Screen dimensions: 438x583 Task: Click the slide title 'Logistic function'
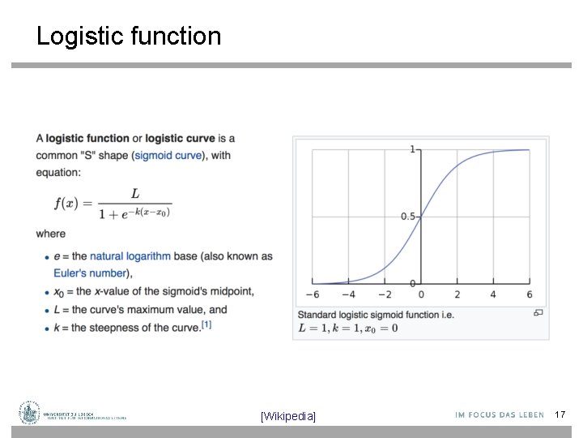pos(128,36)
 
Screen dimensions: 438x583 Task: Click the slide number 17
pos(560,414)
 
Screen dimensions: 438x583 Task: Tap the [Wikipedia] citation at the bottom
pos(288,416)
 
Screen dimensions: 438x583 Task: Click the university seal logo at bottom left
pos(30,413)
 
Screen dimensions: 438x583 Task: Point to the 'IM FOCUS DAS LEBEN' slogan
pos(500,415)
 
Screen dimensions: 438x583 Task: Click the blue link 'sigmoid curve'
pos(169,156)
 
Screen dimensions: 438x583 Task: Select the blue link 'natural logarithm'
pos(130,256)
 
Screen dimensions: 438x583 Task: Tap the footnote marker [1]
pos(206,325)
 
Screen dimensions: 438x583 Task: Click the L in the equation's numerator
pos(134,193)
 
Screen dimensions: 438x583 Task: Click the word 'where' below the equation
pos(50,234)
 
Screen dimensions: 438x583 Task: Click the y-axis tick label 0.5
pos(408,217)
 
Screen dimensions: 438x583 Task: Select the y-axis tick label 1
pos(413,149)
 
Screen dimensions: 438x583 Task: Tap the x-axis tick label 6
pos(530,294)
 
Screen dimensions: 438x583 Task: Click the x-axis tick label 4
pos(493,294)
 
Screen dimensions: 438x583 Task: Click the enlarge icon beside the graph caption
pos(538,312)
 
